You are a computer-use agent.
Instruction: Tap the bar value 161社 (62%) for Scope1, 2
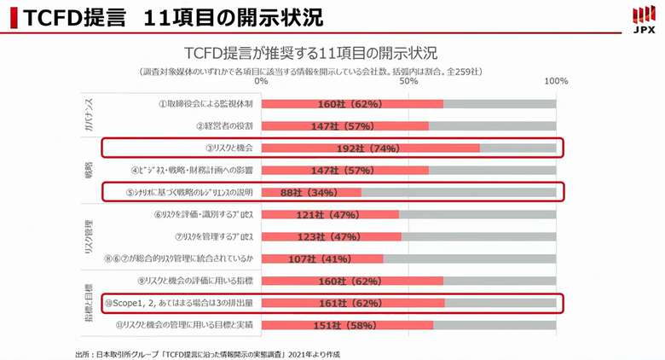350,302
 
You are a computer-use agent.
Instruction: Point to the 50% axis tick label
408,81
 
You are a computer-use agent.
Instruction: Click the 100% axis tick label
555,81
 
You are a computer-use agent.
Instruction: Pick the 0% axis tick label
261,81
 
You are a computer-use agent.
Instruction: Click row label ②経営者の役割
224,126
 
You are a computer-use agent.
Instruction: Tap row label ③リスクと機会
228,148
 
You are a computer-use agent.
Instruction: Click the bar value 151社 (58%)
345,324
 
